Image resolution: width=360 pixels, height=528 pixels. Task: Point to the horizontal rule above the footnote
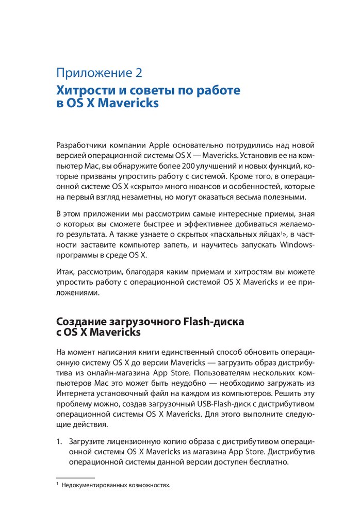click(75, 477)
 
